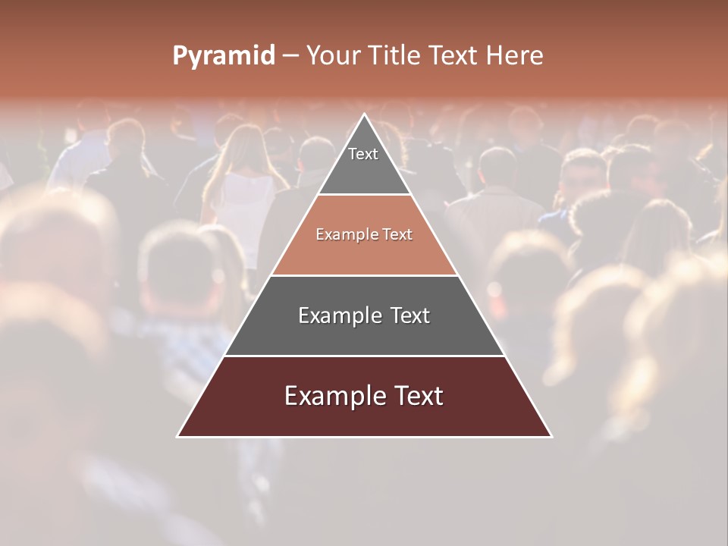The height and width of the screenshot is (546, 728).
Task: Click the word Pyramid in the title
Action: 224,56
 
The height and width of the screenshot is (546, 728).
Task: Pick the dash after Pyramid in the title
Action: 290,56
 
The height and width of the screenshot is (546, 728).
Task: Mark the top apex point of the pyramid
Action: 364,115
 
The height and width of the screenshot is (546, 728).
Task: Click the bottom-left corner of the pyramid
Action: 177,437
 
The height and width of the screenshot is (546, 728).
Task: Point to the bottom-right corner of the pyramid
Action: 551,437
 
